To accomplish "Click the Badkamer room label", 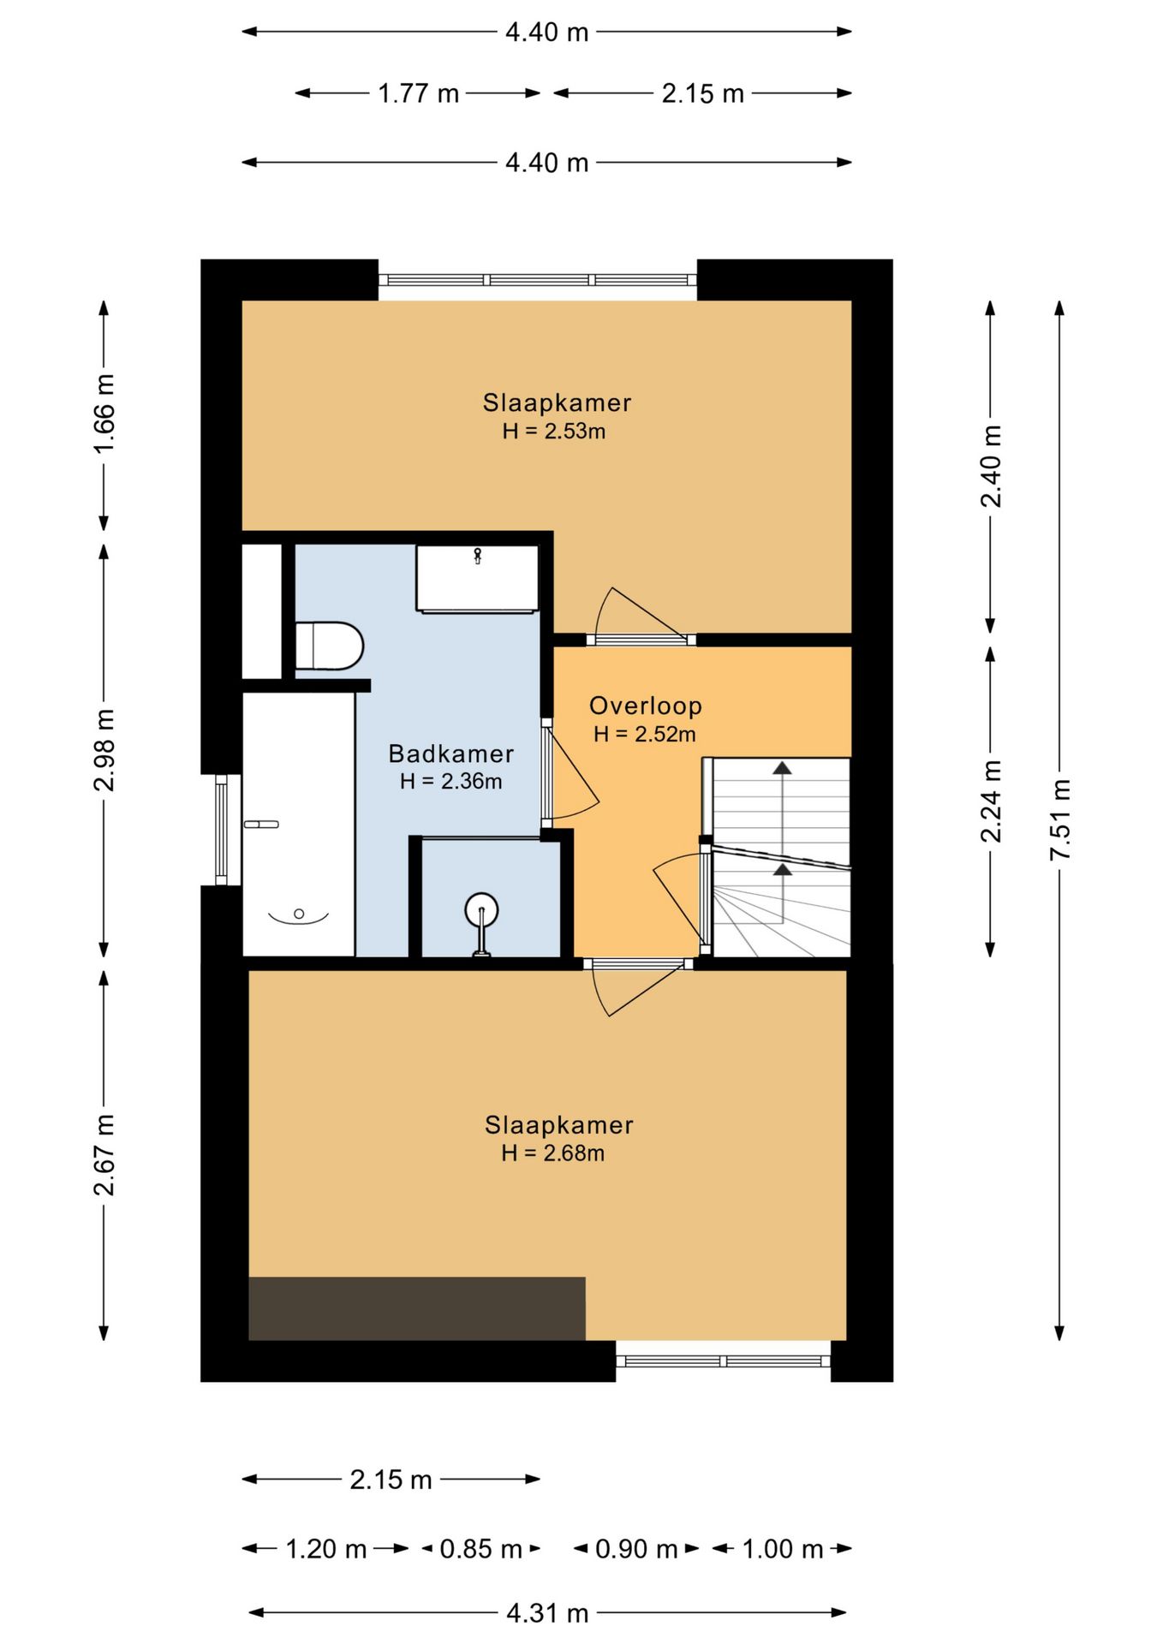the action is pos(450,753).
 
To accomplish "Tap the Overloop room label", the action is pos(645,706).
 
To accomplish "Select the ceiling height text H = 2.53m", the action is pos(553,431).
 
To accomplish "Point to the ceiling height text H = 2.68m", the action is pos(553,1153).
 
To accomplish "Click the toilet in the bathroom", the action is pos(329,646).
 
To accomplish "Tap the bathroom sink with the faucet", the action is pos(477,579).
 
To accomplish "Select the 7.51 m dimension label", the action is pos(1060,819).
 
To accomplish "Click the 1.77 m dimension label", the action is pos(419,93).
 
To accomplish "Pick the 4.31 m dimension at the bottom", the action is pos(547,1613).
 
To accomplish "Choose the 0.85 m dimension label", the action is pos(480,1549).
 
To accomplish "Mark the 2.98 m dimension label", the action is pos(104,750).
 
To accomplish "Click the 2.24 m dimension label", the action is pos(991,801).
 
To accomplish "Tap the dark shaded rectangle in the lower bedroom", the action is pos(417,1308).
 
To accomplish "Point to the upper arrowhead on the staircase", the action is pos(782,767).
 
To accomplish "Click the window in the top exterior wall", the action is pos(538,280).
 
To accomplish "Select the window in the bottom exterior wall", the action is pos(724,1361).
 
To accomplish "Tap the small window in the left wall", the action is pos(221,829).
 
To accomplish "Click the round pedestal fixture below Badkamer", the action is pos(481,923).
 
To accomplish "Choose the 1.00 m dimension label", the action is pos(783,1549).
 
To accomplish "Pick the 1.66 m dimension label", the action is pos(104,414).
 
